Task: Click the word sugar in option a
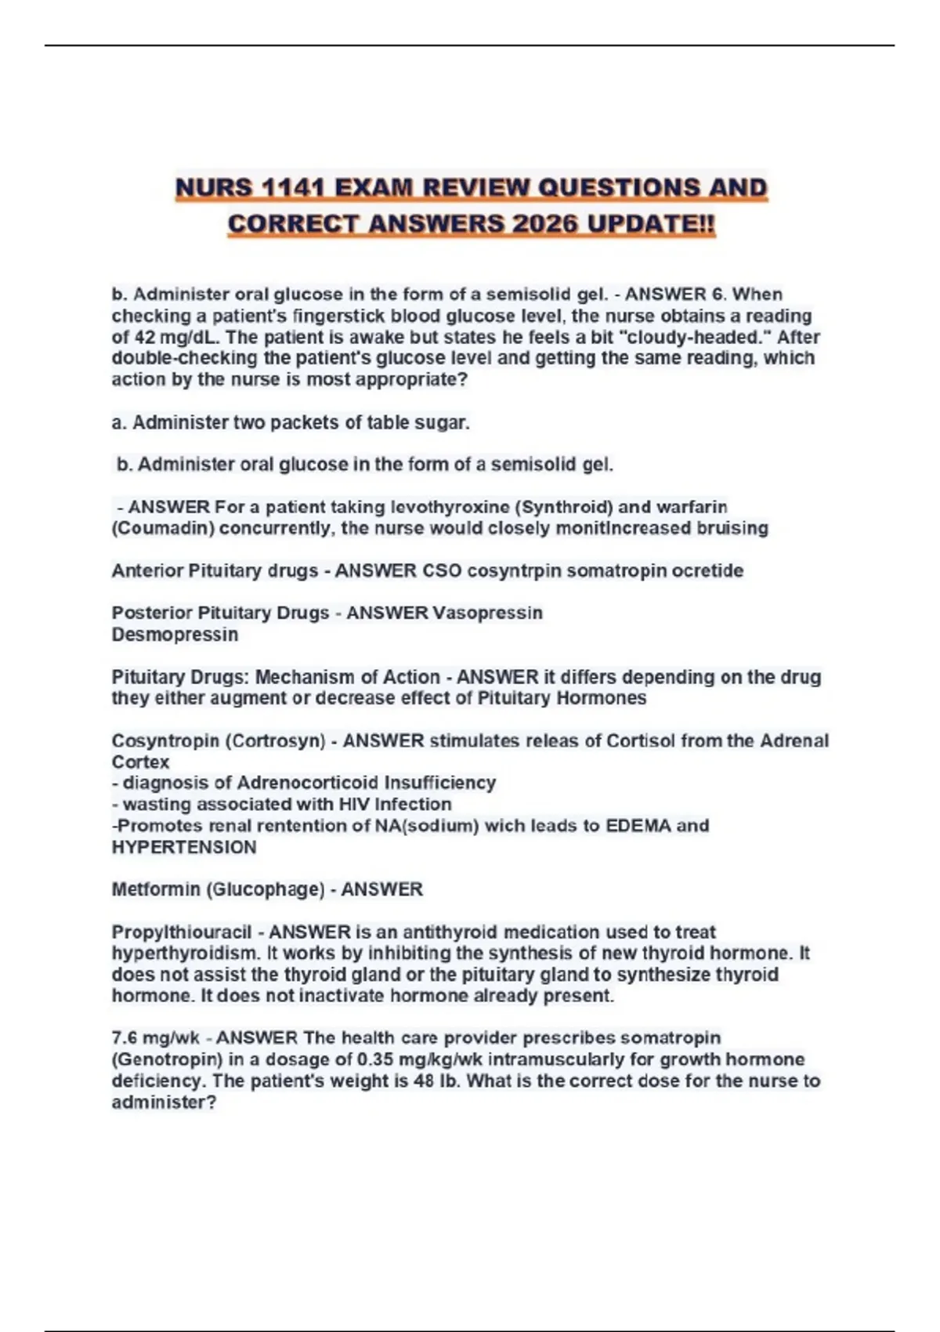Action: (x=446, y=422)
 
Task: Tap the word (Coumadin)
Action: (x=163, y=528)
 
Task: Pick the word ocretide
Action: (x=707, y=570)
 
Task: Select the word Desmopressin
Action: (x=175, y=634)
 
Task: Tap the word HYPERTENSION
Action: (x=184, y=847)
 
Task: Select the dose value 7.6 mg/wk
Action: (x=156, y=1038)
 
